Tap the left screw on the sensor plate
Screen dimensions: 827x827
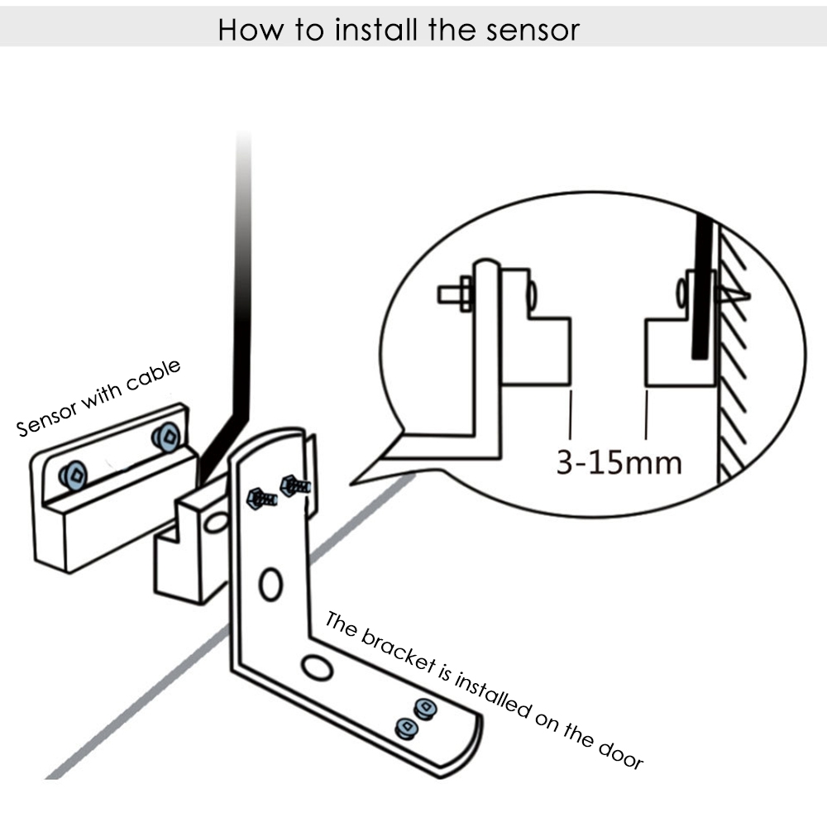[74, 474]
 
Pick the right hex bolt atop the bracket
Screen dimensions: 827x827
[293, 485]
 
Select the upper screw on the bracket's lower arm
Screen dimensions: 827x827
[425, 708]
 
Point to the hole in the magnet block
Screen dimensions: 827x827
[218, 522]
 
